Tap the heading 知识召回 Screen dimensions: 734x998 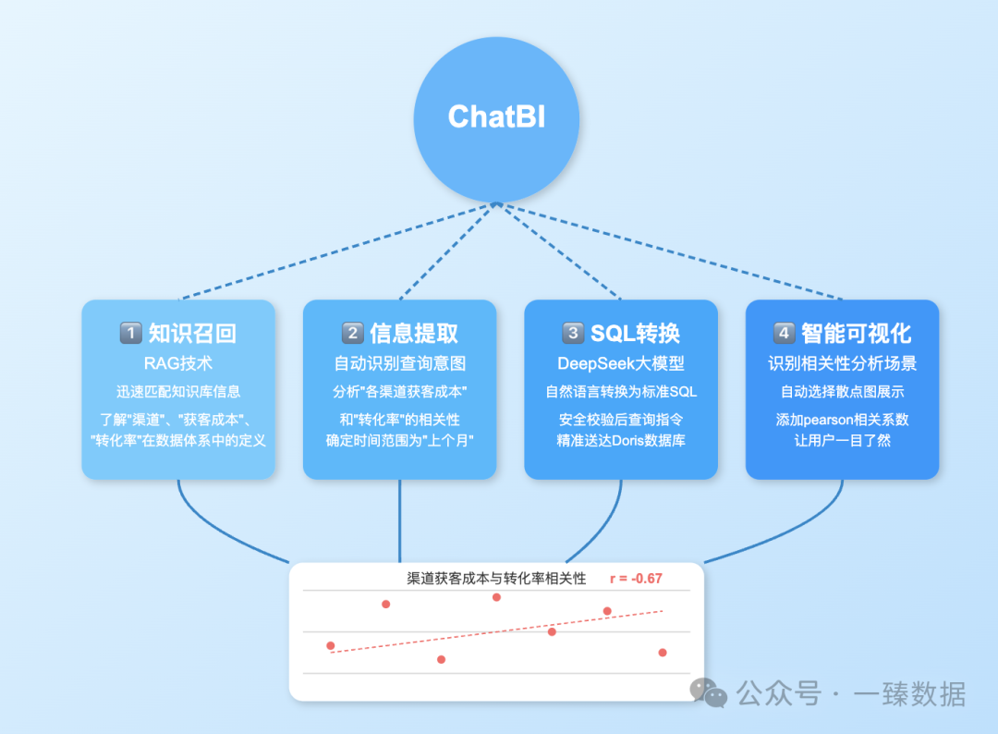192,333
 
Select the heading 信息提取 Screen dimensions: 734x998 414,333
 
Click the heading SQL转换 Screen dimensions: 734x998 635,333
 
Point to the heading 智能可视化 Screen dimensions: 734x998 856,333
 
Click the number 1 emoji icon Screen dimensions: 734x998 130,333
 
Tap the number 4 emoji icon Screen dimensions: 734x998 784,333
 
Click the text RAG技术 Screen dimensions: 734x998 178,363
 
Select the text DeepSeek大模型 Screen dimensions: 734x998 621,363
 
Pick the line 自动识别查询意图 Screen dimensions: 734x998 400,363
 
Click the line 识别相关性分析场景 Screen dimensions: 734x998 843,363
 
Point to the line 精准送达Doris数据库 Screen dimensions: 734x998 621,440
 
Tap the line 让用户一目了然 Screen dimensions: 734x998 843,440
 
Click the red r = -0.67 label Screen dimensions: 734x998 636,579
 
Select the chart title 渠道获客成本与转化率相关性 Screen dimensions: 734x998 496,579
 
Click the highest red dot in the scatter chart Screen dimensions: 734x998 496,597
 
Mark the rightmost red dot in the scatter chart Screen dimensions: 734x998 663,653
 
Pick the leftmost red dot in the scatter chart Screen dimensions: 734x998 331,645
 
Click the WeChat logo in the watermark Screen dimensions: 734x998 709,691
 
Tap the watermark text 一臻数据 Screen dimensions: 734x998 909,693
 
